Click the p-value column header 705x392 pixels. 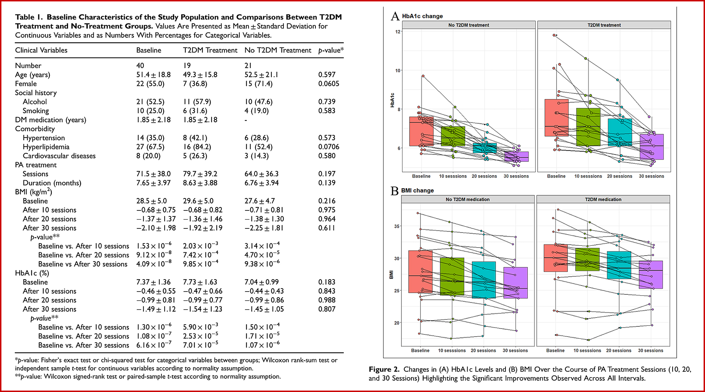[331, 50]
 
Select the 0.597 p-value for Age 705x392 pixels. [327, 75]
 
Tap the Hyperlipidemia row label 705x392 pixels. [46, 147]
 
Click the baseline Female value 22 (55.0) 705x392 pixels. [150, 84]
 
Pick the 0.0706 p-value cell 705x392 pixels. [329, 147]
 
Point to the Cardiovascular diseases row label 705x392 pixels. [59, 156]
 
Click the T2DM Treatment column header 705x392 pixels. [210, 50]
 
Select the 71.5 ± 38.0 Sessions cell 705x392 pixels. [153, 174]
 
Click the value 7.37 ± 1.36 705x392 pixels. [153, 282]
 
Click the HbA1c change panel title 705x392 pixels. [422, 16]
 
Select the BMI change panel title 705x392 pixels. [417, 190]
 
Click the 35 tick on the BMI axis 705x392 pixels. [397, 226]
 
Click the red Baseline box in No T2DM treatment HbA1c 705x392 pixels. [421, 131]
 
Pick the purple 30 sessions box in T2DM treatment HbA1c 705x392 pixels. [651, 147]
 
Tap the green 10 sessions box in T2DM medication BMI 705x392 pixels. [587, 259]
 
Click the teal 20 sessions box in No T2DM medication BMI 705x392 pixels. [484, 280]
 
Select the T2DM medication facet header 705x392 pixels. [603, 200]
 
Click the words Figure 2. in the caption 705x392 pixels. [384, 369]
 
